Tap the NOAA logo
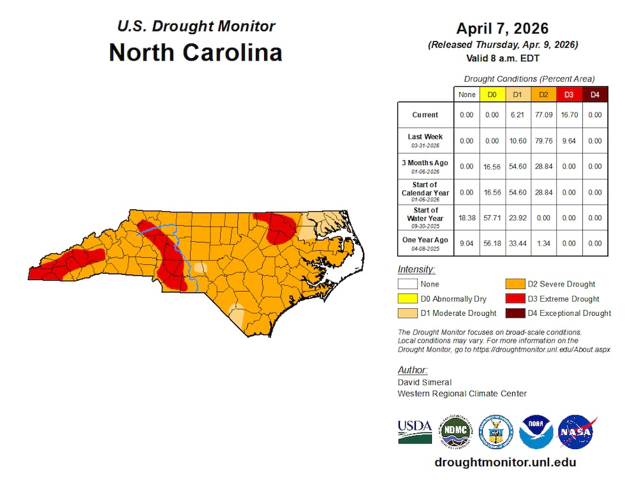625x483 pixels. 536,432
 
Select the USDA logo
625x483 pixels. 415,432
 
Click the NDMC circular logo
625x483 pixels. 455,432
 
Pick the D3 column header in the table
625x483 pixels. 569,94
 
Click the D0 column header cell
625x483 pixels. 492,94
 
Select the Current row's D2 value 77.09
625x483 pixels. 543,115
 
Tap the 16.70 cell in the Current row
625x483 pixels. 569,115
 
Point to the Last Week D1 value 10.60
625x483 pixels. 518,140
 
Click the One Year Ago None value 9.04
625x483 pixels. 467,243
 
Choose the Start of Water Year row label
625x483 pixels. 425,218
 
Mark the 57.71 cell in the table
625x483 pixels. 492,218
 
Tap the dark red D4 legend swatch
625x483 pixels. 513,313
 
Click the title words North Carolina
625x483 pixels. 196,52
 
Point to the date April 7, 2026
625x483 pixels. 502,29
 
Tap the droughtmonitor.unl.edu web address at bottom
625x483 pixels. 505,463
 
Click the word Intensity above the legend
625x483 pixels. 416,269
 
